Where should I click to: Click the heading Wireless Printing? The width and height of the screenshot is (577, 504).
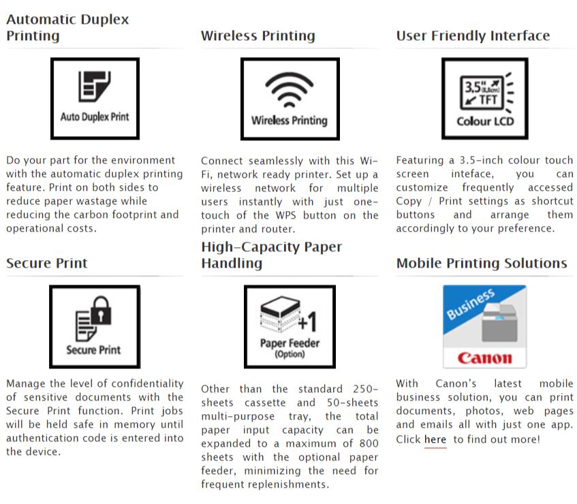pyautogui.click(x=258, y=35)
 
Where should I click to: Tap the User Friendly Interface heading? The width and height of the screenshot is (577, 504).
pyautogui.click(x=473, y=35)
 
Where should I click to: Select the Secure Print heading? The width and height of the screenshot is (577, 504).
pyautogui.click(x=47, y=263)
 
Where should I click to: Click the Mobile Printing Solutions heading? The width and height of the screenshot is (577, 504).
pyautogui.click(x=482, y=263)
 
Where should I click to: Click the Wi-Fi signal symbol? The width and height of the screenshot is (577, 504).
pyautogui.click(x=290, y=89)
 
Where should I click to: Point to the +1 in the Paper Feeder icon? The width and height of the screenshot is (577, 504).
pyautogui.click(x=307, y=321)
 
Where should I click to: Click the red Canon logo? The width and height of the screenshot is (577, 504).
pyautogui.click(x=484, y=358)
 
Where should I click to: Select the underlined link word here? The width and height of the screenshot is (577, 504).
pyautogui.click(x=435, y=439)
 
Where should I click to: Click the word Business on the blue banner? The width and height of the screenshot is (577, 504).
pyautogui.click(x=471, y=304)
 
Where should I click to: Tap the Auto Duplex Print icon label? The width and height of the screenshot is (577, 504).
pyautogui.click(x=95, y=117)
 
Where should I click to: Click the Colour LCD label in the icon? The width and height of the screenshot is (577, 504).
pyautogui.click(x=485, y=121)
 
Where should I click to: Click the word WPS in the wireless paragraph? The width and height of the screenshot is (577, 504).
pyautogui.click(x=286, y=215)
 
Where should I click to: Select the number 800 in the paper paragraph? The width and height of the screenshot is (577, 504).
pyautogui.click(x=369, y=443)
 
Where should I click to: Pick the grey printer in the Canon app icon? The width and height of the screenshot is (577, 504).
pyautogui.click(x=499, y=323)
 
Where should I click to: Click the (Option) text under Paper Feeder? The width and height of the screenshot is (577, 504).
pyautogui.click(x=290, y=354)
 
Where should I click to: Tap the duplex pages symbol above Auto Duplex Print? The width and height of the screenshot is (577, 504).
pyautogui.click(x=94, y=86)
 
